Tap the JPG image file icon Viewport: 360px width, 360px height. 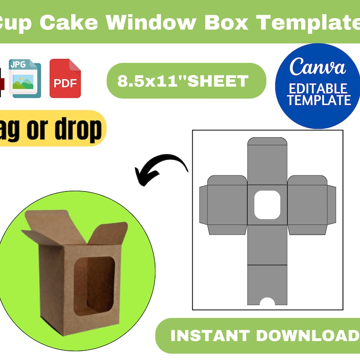point(25,80)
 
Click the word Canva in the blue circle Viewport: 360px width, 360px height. point(318,67)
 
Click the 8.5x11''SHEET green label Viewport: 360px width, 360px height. point(183,81)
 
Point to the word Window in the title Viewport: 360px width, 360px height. point(150,22)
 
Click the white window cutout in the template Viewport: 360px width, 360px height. point(267,205)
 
